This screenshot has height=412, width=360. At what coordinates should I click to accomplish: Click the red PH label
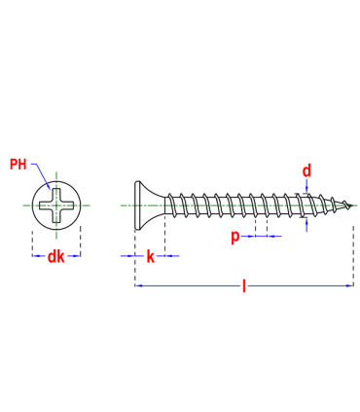(18, 164)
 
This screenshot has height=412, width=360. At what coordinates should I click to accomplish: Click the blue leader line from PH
(41, 175)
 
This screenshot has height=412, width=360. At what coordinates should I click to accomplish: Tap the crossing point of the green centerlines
(56, 206)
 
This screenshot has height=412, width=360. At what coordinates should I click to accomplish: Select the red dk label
(55, 256)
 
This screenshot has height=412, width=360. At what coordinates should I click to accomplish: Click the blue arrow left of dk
(40, 256)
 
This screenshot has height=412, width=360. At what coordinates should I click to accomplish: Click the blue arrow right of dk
(73, 256)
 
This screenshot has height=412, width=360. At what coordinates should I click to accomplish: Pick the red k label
(150, 257)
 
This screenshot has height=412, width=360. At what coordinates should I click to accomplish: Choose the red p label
(235, 237)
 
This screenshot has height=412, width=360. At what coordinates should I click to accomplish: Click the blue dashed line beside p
(262, 236)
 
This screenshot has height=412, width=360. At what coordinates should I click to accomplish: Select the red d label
(306, 171)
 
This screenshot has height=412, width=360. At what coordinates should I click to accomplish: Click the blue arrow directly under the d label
(306, 185)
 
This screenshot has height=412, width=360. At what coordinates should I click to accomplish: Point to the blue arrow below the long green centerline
(306, 225)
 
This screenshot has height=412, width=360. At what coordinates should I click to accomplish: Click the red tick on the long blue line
(244, 285)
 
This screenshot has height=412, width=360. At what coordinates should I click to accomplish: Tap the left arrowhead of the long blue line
(139, 285)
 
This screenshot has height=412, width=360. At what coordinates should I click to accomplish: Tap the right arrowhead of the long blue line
(347, 285)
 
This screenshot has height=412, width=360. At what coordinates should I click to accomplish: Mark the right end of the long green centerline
(356, 206)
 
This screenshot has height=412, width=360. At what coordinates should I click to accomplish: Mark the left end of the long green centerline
(122, 206)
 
